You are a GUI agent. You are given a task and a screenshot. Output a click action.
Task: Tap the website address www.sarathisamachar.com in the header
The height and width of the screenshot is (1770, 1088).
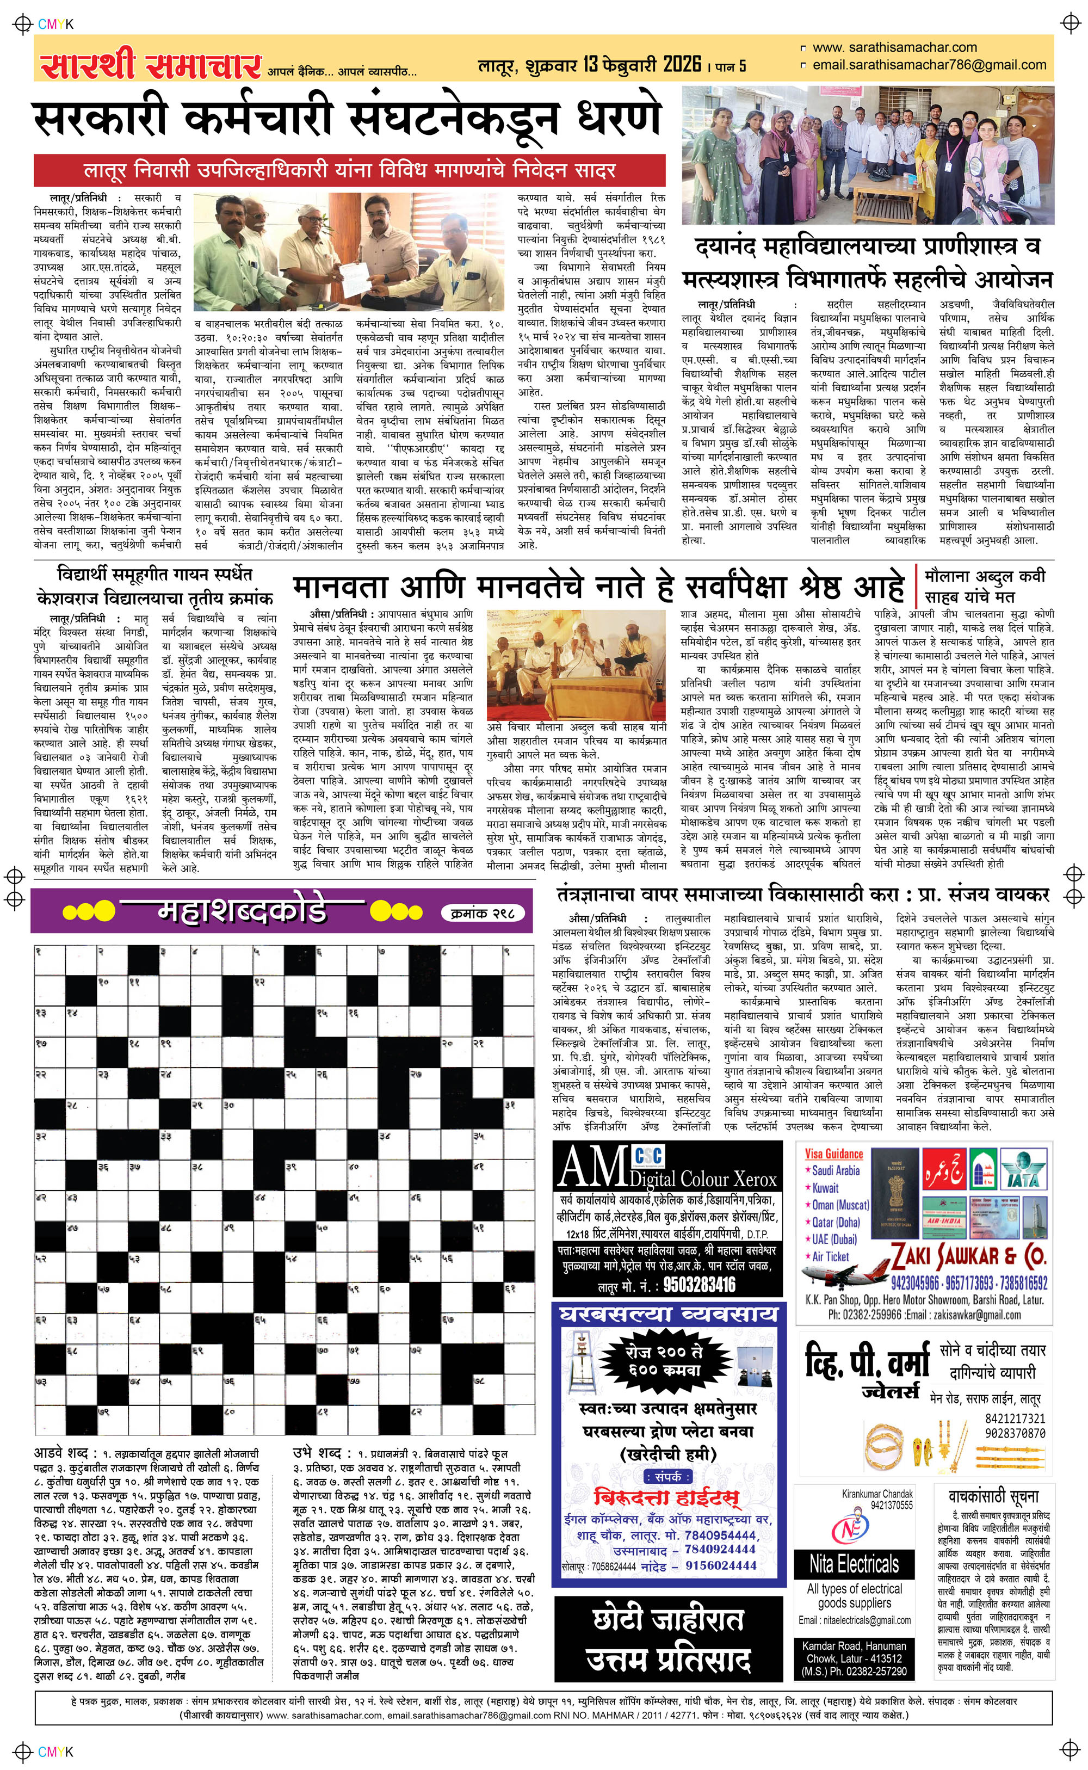click(894, 47)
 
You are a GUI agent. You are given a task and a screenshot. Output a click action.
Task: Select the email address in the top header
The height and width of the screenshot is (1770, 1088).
click(929, 65)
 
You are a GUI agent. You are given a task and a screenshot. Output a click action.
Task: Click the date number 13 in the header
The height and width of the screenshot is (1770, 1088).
click(591, 65)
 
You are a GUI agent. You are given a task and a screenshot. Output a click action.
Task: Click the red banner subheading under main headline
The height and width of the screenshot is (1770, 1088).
click(350, 170)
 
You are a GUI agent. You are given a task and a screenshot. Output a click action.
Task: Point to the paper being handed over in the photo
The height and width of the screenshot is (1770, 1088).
click(350, 274)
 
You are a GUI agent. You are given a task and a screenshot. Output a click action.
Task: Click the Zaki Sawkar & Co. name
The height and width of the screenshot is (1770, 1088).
click(968, 1256)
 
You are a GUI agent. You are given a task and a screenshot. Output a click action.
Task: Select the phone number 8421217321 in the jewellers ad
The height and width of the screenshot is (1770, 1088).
click(1015, 1417)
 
